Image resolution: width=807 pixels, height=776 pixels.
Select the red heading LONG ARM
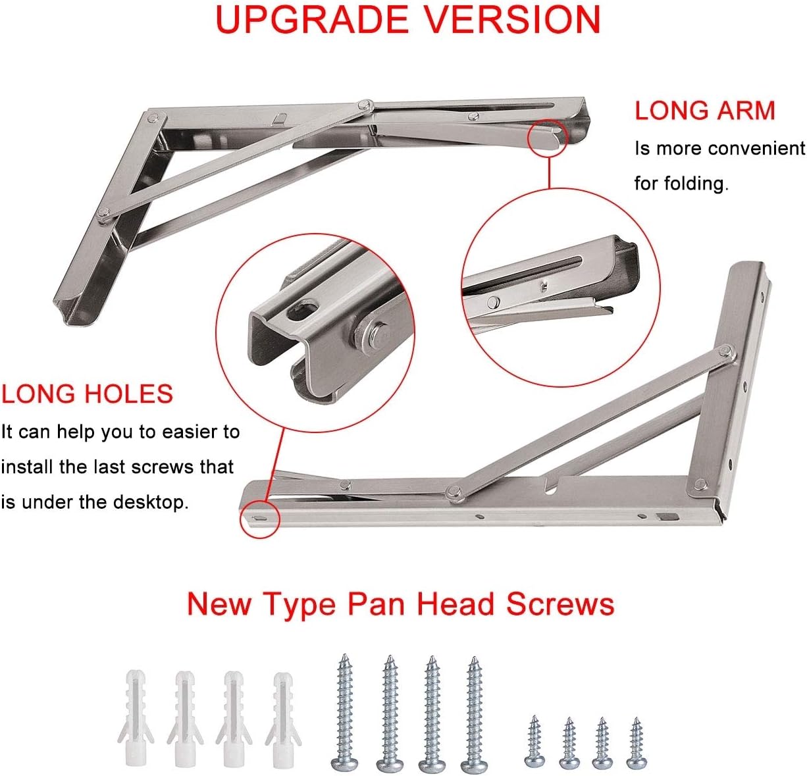(x=705, y=111)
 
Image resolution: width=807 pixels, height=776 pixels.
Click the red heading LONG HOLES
(x=87, y=394)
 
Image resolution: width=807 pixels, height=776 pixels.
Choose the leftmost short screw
(x=534, y=742)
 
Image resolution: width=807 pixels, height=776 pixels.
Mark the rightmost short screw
(x=636, y=743)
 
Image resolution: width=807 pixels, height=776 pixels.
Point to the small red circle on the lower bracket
(x=261, y=518)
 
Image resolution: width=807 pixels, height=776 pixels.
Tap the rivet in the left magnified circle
(x=373, y=336)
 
